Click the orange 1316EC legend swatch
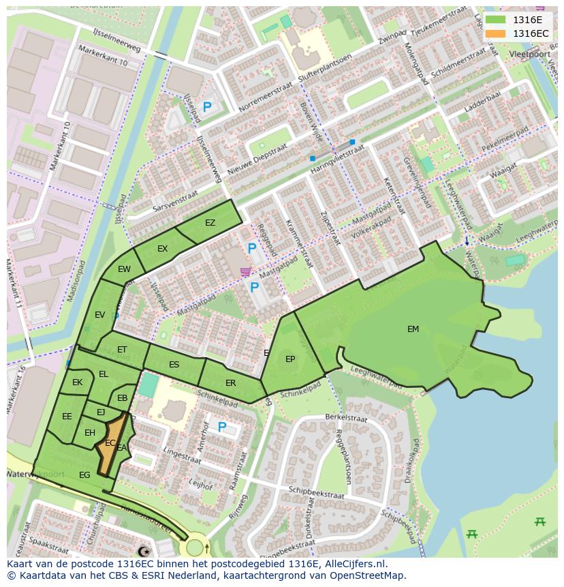click(496, 33)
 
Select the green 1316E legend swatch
click(496, 20)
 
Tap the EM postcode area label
click(413, 329)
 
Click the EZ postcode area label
click(210, 223)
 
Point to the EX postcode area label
click(162, 249)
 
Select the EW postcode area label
click(124, 269)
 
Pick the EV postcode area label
click(100, 315)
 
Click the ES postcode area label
click(174, 365)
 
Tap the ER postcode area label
click(230, 383)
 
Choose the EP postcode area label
click(290, 359)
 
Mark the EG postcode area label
click(84, 475)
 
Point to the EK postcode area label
click(77, 382)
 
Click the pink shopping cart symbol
click(245, 271)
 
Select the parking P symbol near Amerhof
click(221, 427)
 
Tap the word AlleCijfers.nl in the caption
click(354, 564)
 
